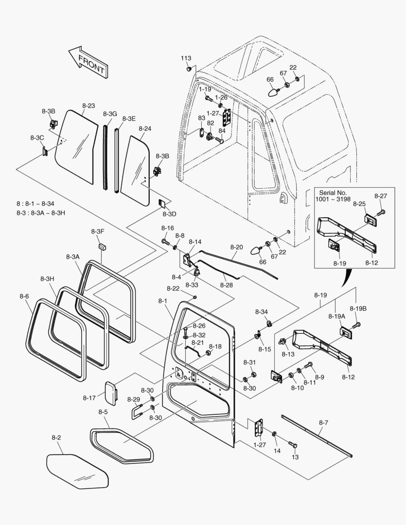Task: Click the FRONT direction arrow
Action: pyautogui.click(x=88, y=62)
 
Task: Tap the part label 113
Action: pyautogui.click(x=186, y=58)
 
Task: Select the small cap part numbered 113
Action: pyautogui.click(x=187, y=70)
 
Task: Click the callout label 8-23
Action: pyautogui.click(x=88, y=105)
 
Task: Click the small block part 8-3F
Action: pyautogui.click(x=102, y=246)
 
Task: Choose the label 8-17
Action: pyautogui.click(x=89, y=398)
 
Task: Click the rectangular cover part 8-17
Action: pyautogui.click(x=112, y=392)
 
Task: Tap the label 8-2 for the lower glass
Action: pyautogui.click(x=56, y=438)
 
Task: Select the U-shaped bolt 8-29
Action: pyautogui.click(x=136, y=412)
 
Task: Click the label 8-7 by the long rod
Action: pyautogui.click(x=323, y=422)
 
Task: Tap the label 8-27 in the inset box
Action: pyautogui.click(x=381, y=196)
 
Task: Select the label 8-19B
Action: pyautogui.click(x=358, y=308)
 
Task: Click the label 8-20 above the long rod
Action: pyautogui.click(x=236, y=247)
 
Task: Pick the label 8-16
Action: pyautogui.click(x=167, y=227)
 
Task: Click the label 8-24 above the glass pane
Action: pyautogui.click(x=145, y=129)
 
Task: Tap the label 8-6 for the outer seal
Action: pyautogui.click(x=24, y=296)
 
